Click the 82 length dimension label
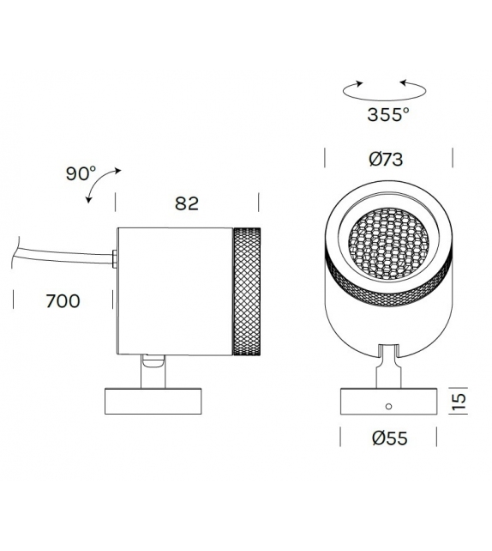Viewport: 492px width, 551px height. coord(186,203)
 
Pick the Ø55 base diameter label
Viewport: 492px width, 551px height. coord(388,439)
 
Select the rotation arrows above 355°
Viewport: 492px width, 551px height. coord(385,87)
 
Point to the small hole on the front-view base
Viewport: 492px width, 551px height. coord(387,405)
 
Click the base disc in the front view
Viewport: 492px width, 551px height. coord(387,403)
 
